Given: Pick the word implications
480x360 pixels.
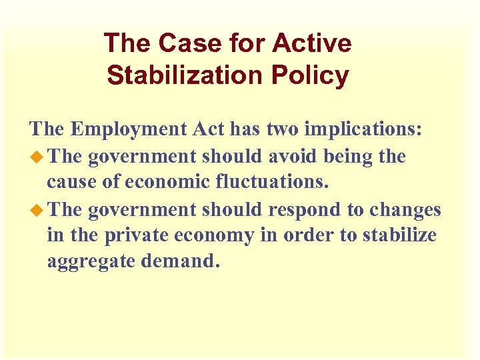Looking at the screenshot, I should [x=365, y=129].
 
